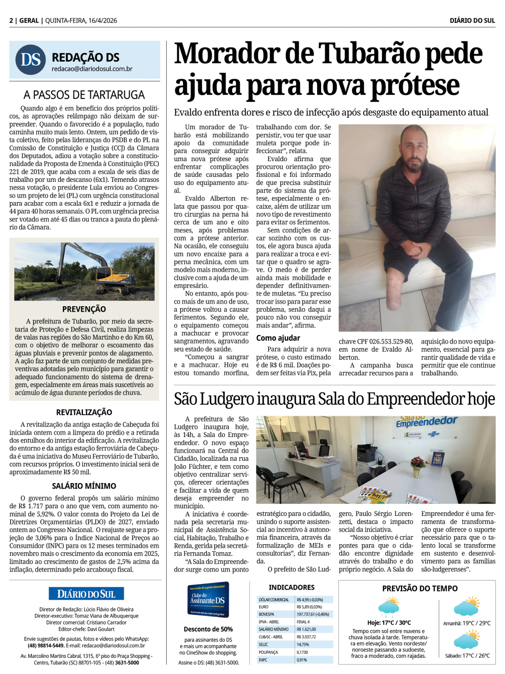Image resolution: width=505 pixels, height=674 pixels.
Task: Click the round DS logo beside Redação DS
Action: point(31,60)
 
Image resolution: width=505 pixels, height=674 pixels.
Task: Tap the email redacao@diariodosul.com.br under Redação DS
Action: point(92,69)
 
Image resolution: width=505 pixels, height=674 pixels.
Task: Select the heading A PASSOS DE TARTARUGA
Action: point(84,95)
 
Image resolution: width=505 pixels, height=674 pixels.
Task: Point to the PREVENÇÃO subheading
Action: point(84,309)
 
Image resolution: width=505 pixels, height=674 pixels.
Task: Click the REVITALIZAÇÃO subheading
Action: point(84,412)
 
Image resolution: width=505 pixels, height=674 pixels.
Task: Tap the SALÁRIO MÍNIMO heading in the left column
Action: point(84,486)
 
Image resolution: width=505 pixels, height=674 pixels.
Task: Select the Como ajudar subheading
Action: point(278,338)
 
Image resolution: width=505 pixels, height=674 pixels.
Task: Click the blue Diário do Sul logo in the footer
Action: point(86,594)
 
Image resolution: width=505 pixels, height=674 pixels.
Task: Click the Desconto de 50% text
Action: point(208,629)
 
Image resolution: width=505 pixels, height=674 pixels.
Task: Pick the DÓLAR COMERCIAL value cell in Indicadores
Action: point(314,600)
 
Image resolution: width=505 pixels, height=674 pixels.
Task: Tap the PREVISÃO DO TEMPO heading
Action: point(420,588)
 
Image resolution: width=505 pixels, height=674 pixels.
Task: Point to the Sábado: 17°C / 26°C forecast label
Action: point(467,656)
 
